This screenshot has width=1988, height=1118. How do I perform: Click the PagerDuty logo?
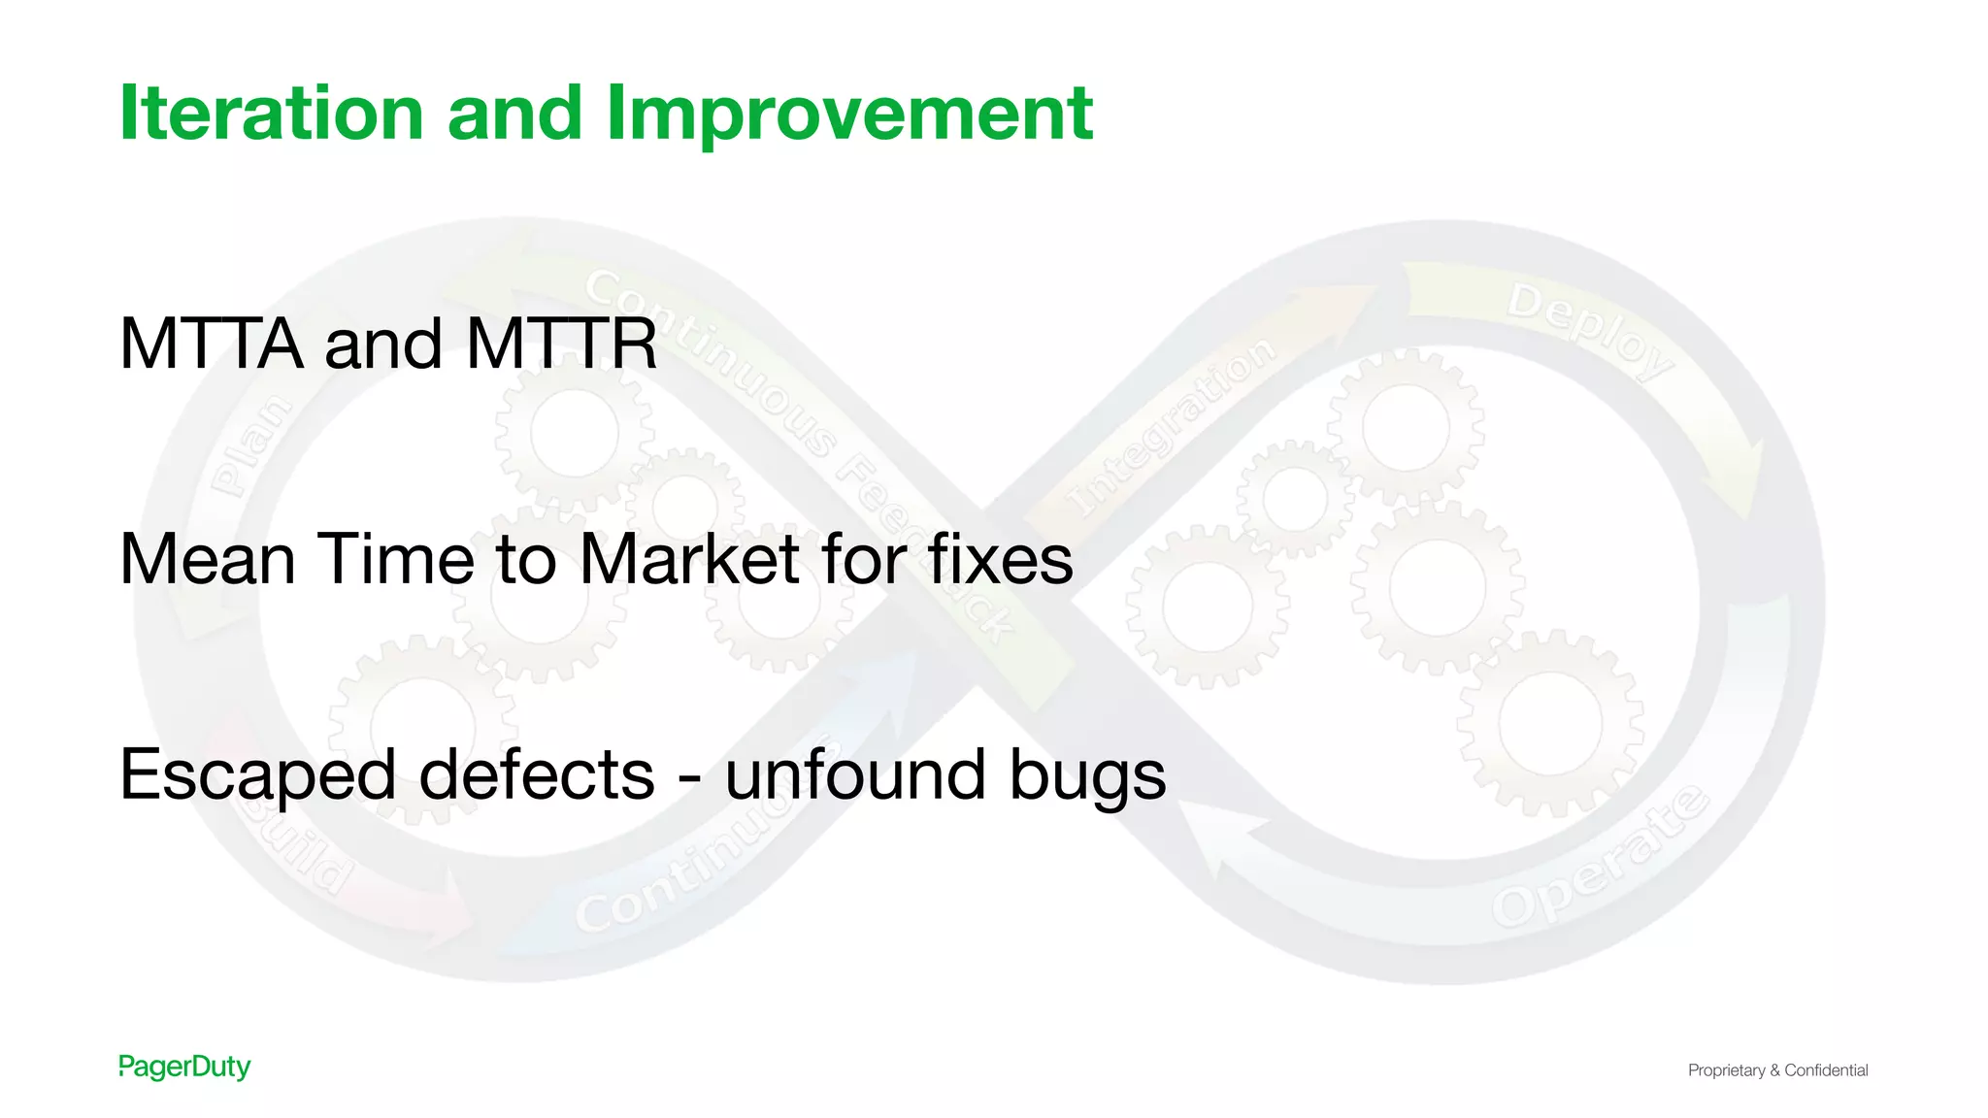pos(184,1067)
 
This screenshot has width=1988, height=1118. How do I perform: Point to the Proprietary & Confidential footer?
pos(1777,1070)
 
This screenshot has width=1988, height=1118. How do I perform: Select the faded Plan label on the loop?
pos(251,445)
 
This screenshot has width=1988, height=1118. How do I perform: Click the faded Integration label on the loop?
pos(1170,427)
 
